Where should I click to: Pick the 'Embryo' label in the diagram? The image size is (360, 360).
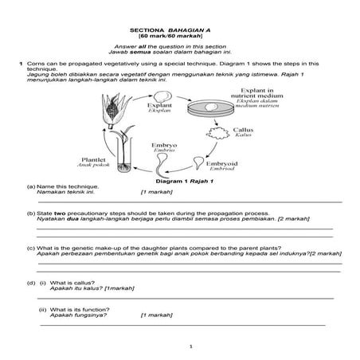point(164,147)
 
